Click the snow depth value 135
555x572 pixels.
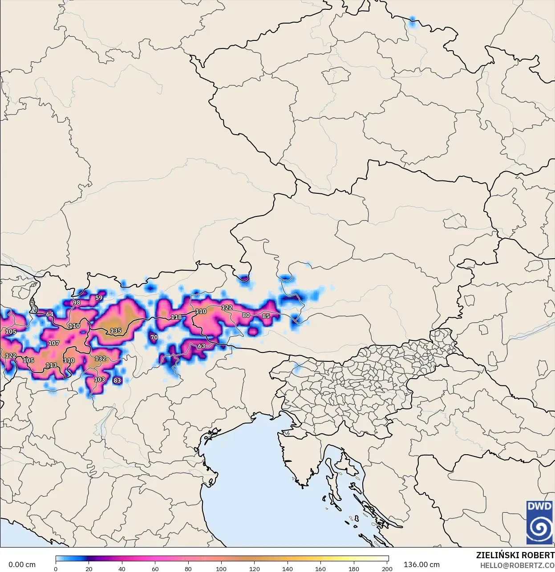[x=116, y=331]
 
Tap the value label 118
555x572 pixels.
[x=176, y=317]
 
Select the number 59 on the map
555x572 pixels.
[x=99, y=298]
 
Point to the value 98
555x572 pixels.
[x=77, y=303]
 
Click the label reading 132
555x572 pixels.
[x=101, y=358]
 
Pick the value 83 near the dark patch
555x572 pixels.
[x=117, y=380]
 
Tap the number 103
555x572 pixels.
[x=100, y=380]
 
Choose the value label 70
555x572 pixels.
[x=154, y=337]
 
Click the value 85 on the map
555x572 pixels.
[x=266, y=316]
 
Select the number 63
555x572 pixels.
[x=202, y=346]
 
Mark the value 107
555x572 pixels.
[x=53, y=343]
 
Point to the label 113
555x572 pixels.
[x=51, y=365]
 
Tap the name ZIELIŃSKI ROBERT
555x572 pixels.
[x=515, y=555]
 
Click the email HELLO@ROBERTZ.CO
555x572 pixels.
[x=517, y=565]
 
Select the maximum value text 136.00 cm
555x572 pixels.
[x=421, y=564]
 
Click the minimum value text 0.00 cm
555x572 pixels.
[x=22, y=564]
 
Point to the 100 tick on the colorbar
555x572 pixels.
[x=222, y=568]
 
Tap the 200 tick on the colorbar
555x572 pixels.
[x=387, y=568]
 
